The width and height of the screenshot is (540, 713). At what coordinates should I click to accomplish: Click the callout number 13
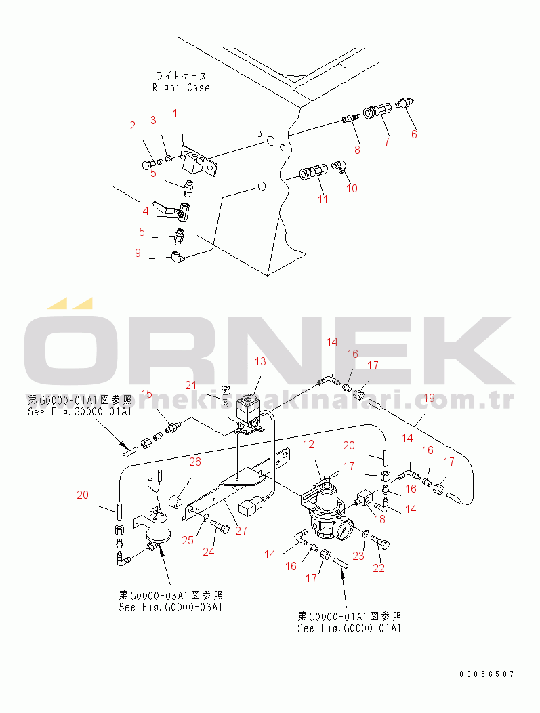(x=260, y=362)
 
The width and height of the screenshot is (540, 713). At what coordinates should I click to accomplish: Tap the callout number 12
(x=309, y=445)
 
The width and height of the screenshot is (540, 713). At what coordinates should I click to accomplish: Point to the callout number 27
(x=241, y=531)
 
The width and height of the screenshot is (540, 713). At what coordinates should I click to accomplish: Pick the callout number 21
(x=191, y=385)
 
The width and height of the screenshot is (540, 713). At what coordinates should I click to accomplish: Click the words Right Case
(x=181, y=87)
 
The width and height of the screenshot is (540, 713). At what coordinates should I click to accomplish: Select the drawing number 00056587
(x=486, y=674)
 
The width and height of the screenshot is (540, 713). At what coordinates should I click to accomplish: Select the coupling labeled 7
(x=378, y=111)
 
